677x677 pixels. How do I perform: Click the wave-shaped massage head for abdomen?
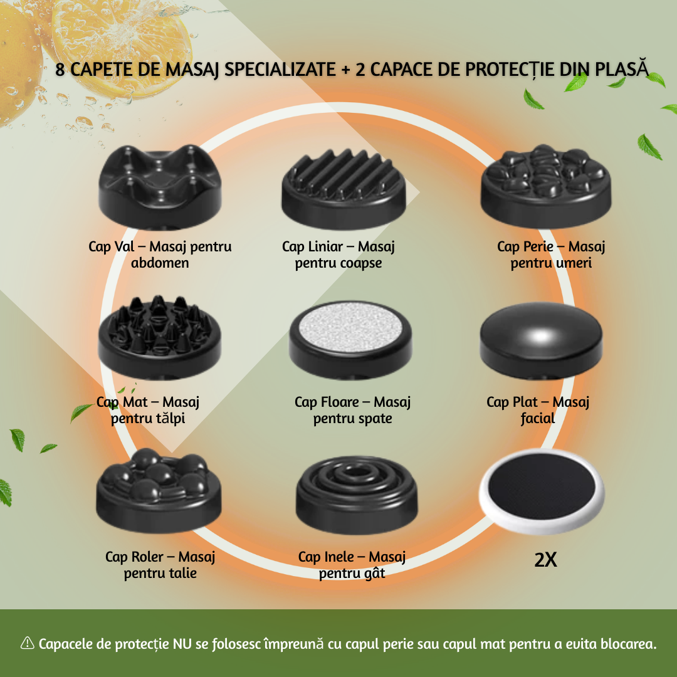[160, 186]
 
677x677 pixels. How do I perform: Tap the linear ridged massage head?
[344, 188]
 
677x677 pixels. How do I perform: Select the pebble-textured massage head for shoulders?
[546, 186]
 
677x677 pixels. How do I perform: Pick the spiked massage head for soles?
[160, 337]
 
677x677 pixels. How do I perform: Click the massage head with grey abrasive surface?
[350, 340]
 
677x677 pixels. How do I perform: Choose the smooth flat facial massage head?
[541, 340]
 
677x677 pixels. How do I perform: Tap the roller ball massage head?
[159, 490]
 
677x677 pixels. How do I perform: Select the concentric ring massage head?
[357, 495]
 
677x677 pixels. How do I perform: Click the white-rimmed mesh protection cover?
[542, 491]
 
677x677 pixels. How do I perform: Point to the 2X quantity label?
[545, 560]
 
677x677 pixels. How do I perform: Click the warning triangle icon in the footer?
[27, 643]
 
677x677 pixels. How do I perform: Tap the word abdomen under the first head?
[160, 263]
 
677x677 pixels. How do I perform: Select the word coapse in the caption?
[361, 263]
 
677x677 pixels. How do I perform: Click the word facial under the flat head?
[538, 418]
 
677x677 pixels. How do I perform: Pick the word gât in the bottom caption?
[374, 574]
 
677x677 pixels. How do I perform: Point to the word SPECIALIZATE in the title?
[280, 70]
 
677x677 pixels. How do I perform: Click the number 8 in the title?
[60, 70]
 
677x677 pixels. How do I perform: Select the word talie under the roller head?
[181, 574]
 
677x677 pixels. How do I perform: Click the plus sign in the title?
[345, 70]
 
